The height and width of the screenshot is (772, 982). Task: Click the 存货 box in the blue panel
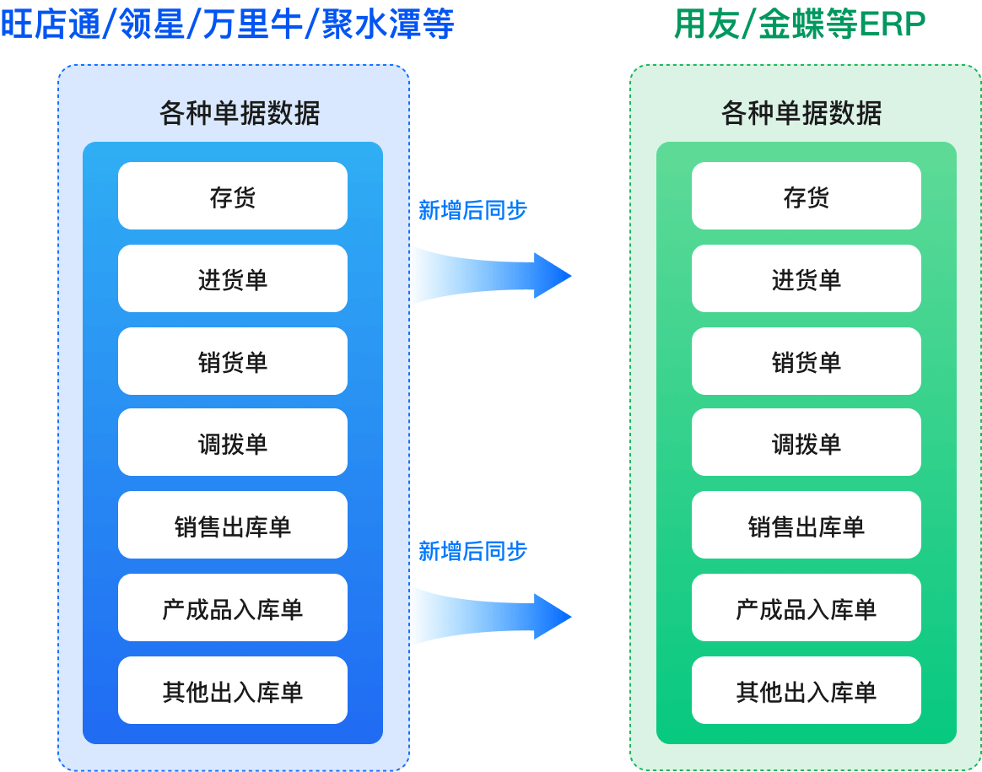click(232, 196)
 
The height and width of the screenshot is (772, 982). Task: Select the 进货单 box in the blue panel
click(232, 278)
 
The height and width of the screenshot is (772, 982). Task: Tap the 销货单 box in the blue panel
click(232, 361)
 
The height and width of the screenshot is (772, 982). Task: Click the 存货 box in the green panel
click(806, 196)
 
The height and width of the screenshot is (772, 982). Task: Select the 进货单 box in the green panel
click(806, 278)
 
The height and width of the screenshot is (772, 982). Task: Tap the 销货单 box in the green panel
click(806, 361)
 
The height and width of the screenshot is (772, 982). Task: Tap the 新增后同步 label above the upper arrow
click(472, 210)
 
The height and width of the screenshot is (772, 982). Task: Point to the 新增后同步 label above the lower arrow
click(472, 551)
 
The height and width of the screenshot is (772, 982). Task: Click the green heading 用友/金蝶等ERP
click(799, 24)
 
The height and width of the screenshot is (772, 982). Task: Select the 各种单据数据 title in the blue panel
click(240, 113)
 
